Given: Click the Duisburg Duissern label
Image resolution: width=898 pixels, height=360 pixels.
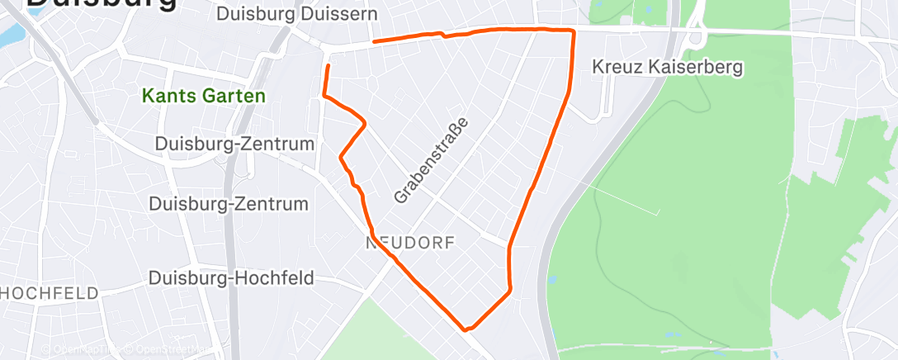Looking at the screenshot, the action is (x=296, y=14).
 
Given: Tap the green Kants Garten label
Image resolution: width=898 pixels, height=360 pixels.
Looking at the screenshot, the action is (x=204, y=96).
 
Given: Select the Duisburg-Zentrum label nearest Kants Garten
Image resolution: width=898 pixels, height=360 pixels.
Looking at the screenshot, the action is (x=235, y=144).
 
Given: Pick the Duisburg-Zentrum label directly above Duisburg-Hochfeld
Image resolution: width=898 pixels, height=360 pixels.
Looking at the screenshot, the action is (x=228, y=204).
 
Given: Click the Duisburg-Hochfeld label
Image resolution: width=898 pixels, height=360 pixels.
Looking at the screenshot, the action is (x=231, y=278).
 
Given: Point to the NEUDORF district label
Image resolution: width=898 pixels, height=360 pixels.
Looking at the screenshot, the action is (x=411, y=242).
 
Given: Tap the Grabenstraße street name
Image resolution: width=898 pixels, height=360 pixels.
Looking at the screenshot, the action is (x=431, y=161).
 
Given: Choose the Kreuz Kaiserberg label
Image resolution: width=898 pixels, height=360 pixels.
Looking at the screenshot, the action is (x=669, y=66).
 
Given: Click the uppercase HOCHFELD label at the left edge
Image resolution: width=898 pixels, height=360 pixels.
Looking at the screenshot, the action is (x=50, y=293).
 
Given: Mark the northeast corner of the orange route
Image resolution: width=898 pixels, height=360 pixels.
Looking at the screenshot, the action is (x=573, y=31).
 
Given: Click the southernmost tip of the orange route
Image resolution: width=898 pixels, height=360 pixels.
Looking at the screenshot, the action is (x=467, y=329).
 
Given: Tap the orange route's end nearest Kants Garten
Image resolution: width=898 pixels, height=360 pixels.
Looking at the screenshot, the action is (x=328, y=65).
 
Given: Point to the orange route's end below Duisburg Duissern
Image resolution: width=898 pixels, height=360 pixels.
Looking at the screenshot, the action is (x=374, y=40).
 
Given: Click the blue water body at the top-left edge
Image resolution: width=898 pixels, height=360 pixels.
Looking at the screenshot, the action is (x=10, y=36).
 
